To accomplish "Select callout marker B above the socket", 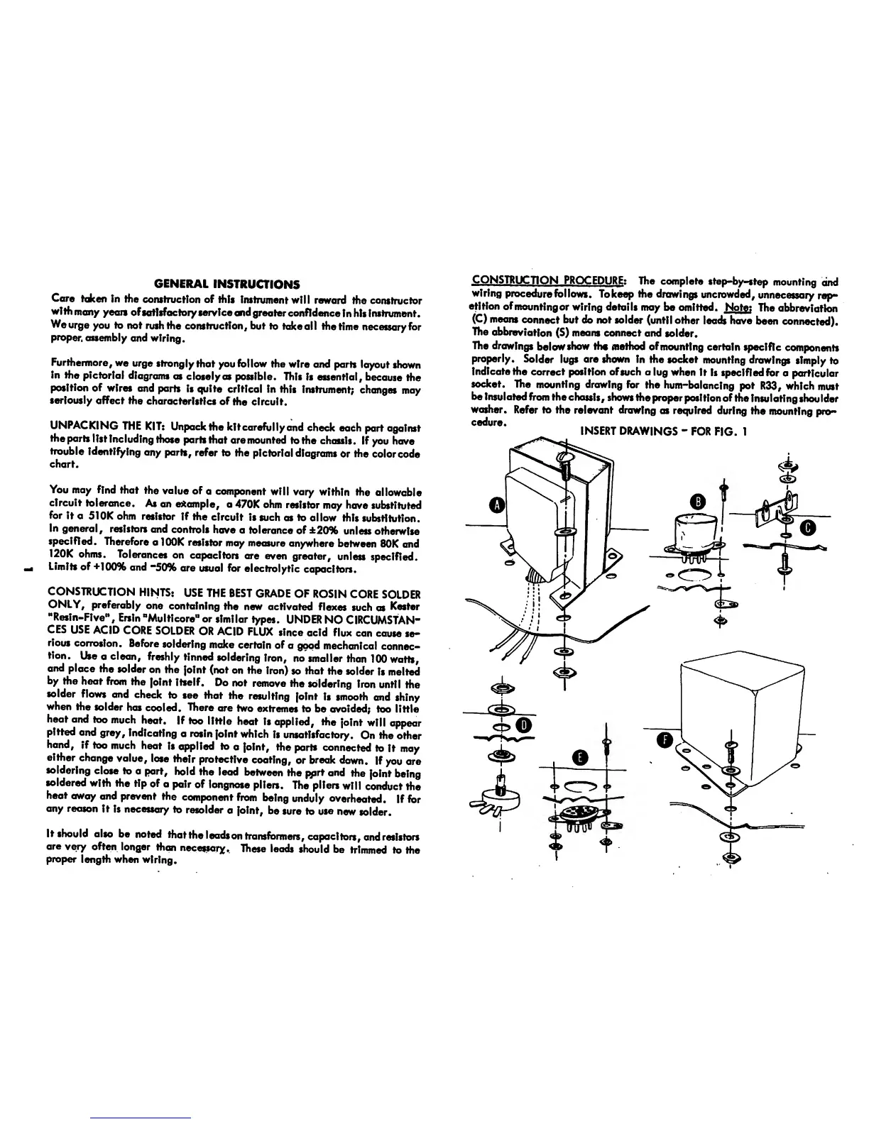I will point(699,502).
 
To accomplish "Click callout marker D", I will point(524,725).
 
